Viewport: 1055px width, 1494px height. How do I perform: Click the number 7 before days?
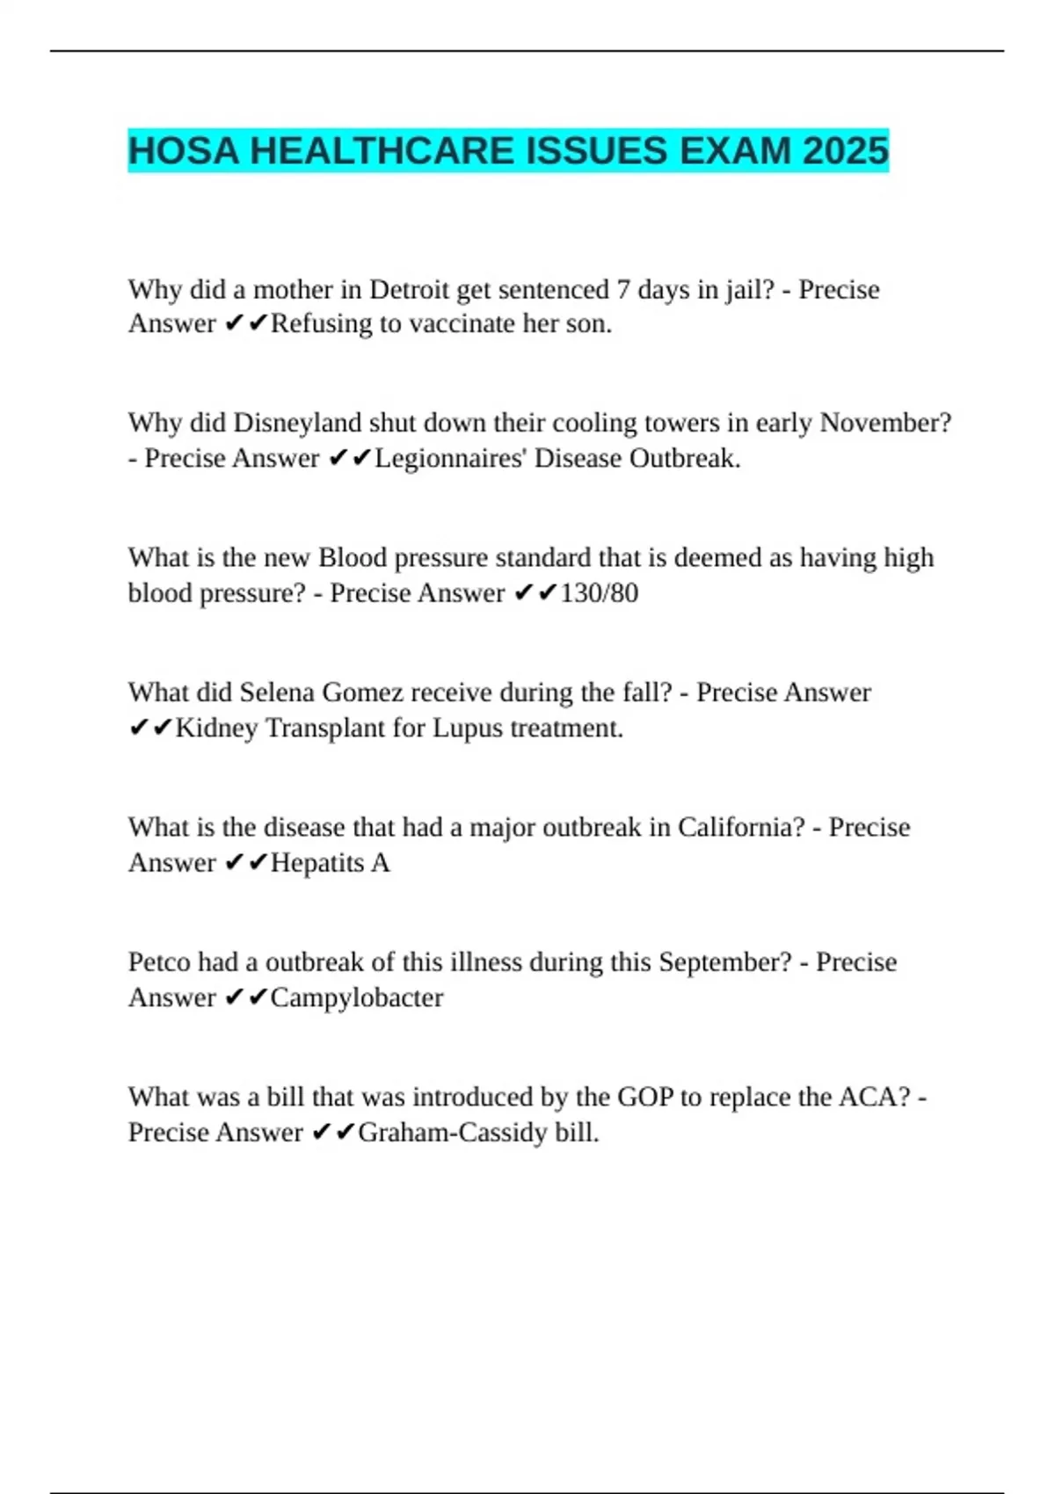pyautogui.click(x=622, y=289)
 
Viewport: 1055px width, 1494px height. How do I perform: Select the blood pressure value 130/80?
pyautogui.click(x=599, y=593)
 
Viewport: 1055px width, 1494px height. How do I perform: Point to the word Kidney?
pyautogui.click(x=216, y=728)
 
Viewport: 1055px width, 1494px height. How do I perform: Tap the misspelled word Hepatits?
pyautogui.click(x=317, y=863)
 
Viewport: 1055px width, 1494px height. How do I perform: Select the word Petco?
pyautogui.click(x=159, y=962)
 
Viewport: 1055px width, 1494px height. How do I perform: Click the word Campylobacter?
pyautogui.click(x=357, y=997)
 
